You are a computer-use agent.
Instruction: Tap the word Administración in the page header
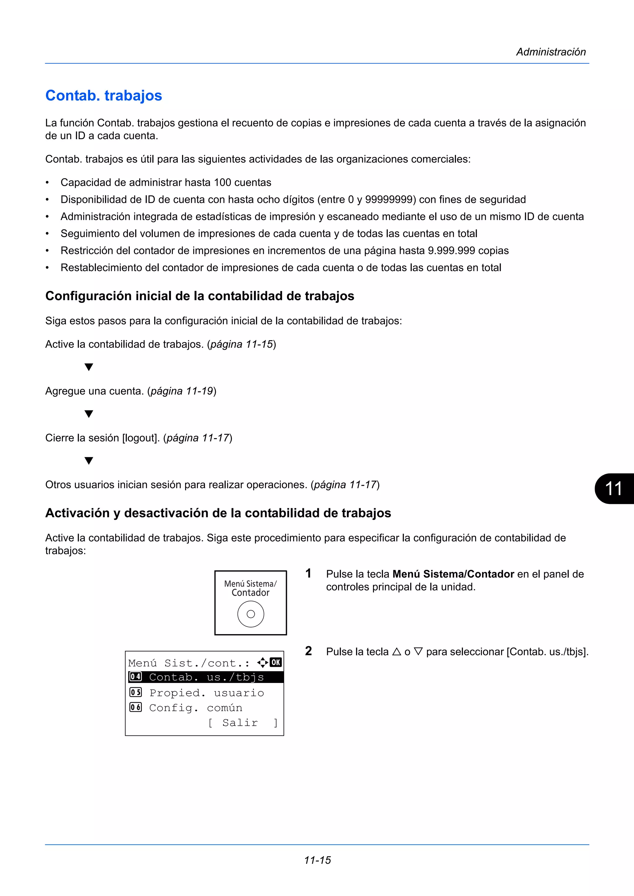point(551,52)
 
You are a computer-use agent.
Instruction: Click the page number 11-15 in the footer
point(317,860)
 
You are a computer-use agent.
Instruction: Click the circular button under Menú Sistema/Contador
point(250,614)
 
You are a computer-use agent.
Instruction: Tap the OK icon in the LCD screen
point(276,662)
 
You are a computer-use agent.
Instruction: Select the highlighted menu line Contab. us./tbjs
point(206,677)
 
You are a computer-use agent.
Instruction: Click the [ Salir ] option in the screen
point(243,723)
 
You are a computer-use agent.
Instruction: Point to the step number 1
point(308,573)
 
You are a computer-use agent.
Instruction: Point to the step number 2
point(308,651)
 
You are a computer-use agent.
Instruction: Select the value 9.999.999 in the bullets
point(451,250)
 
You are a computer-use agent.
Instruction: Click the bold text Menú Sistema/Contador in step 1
point(453,574)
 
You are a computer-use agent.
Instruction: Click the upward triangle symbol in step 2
point(397,652)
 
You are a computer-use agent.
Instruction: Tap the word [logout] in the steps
point(141,438)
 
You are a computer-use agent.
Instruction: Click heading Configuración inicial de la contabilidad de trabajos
point(200,296)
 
